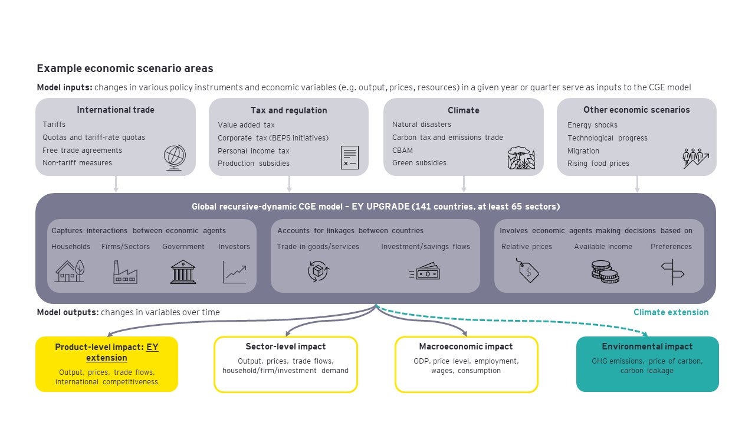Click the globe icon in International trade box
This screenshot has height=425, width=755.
pos(175,158)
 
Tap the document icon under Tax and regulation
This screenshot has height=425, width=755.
pos(349,158)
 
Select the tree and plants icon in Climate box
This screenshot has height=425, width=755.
pos(521,158)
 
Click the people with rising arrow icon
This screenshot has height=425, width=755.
pos(695,158)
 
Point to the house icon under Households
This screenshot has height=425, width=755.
pos(70,272)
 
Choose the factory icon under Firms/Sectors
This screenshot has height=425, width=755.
pos(125,272)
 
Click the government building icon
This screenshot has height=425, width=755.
pos(183,272)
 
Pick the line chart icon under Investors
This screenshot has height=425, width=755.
pos(234,272)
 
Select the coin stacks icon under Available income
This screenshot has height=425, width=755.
pos(604,272)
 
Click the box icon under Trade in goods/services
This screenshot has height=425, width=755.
pos(318,272)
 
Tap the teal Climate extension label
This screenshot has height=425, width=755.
pos(671,312)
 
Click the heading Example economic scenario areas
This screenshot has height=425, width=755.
pos(125,68)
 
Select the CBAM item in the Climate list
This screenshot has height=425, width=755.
pos(402,151)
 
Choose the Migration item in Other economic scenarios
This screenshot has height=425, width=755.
pos(583,151)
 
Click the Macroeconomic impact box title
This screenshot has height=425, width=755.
pos(466,346)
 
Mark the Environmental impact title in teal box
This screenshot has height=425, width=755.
pos(647,346)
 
